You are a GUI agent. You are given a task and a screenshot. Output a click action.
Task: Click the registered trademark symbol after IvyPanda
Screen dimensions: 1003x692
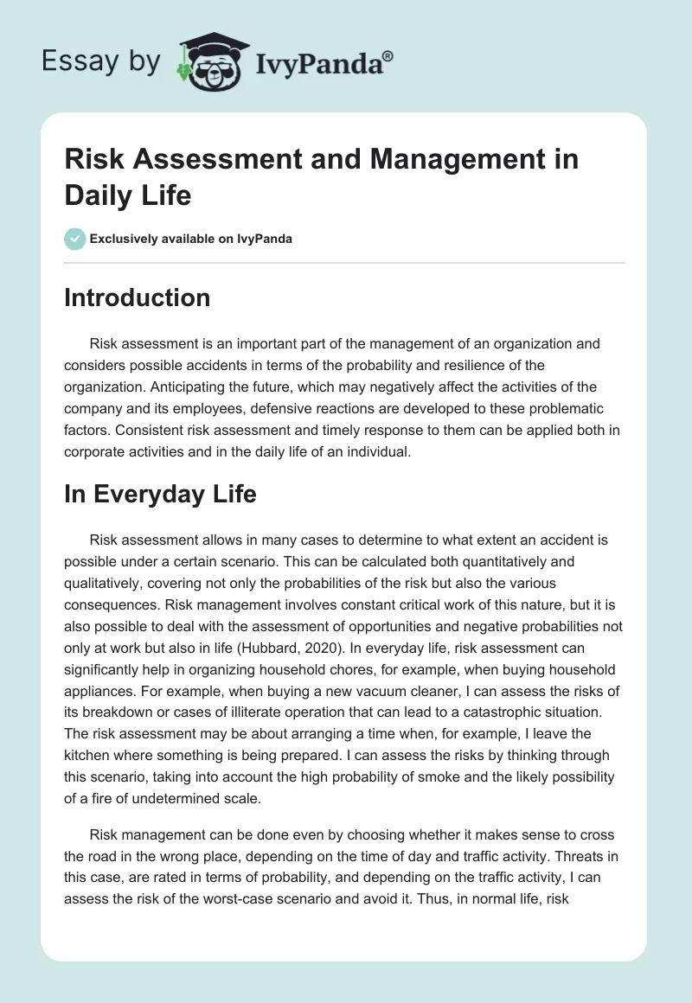(x=388, y=56)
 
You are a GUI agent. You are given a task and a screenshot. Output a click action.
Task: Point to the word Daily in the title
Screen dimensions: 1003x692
(x=98, y=195)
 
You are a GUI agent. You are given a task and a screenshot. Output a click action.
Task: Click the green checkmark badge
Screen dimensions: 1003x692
(x=75, y=239)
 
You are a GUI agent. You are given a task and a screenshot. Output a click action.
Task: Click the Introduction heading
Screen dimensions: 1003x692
(x=137, y=297)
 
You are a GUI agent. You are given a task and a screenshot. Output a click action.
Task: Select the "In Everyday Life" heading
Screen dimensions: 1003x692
(x=160, y=494)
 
